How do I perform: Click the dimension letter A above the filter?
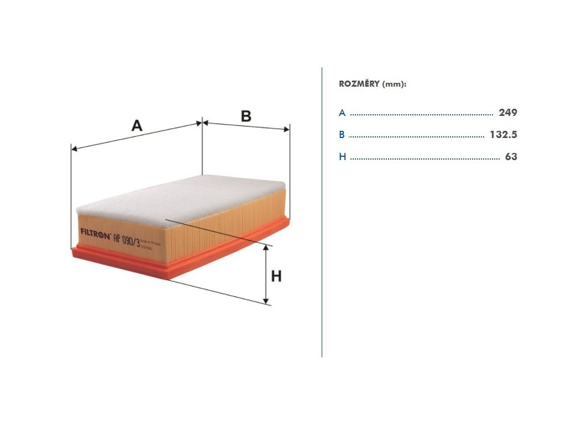pyautogui.click(x=137, y=125)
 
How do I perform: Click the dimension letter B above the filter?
pyautogui.click(x=246, y=116)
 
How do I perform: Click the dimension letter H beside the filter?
pyautogui.click(x=276, y=275)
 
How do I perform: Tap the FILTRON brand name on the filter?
pyautogui.click(x=96, y=232)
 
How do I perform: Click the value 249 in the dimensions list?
pyautogui.click(x=507, y=113)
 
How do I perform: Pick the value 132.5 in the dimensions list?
pyautogui.click(x=503, y=135)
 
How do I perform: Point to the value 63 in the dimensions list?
pyautogui.click(x=511, y=157)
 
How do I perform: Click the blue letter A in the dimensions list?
pyautogui.click(x=342, y=113)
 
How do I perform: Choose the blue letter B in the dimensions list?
pyautogui.click(x=342, y=135)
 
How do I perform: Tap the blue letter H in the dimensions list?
pyautogui.click(x=342, y=157)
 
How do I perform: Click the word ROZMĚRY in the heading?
pyautogui.click(x=359, y=84)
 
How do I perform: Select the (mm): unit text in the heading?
pyautogui.click(x=394, y=84)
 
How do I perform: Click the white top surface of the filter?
pyautogui.click(x=182, y=196)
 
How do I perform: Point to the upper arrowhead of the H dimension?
pyautogui.click(x=266, y=248)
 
